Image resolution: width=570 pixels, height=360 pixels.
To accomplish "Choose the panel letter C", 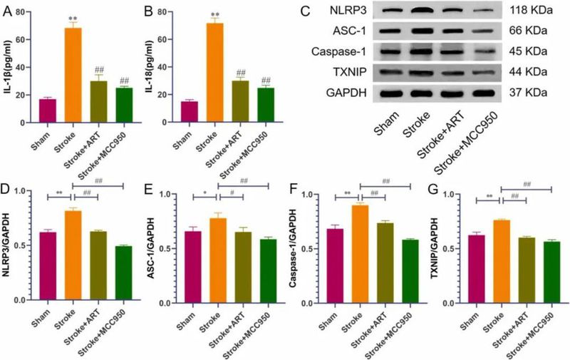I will click(x=304, y=12).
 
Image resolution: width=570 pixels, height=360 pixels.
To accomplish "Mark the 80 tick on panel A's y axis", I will click(x=28, y=12).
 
